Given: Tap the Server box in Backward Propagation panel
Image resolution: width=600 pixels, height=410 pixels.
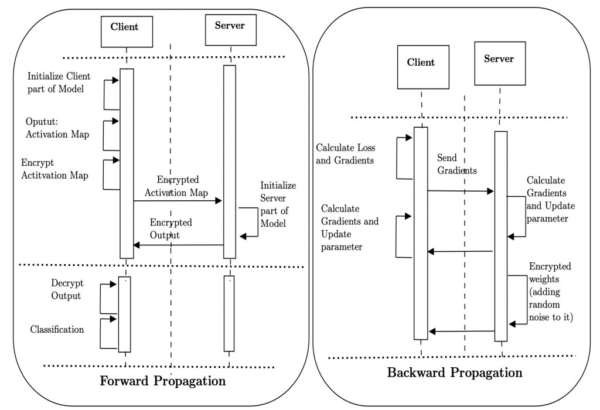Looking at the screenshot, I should [499, 61].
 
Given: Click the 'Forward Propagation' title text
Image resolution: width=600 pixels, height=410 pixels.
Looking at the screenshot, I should [163, 381].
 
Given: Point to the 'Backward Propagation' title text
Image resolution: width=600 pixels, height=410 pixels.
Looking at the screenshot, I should [455, 373].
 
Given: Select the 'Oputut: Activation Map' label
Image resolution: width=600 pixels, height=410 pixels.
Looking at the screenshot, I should [57, 128].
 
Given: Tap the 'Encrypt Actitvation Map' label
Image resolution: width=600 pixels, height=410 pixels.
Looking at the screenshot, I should [55, 169].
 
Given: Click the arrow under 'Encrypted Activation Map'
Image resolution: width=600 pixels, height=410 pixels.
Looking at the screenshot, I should [178, 201].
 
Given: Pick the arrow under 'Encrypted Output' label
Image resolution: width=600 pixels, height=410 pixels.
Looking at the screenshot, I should [179, 245].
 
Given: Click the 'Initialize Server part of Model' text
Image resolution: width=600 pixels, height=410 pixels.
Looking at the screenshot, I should [278, 204].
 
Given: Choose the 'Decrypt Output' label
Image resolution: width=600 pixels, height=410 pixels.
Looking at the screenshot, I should [66, 289].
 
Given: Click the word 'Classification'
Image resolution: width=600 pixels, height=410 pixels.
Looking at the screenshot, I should [57, 329].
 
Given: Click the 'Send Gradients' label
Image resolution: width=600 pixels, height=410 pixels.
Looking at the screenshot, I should [456, 165].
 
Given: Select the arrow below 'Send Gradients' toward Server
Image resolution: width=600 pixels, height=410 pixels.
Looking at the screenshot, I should [461, 191].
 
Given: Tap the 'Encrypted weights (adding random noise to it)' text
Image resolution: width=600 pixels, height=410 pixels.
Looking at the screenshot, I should [549, 292].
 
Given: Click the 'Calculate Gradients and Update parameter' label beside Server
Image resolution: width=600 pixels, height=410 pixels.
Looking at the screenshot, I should [551, 199].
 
